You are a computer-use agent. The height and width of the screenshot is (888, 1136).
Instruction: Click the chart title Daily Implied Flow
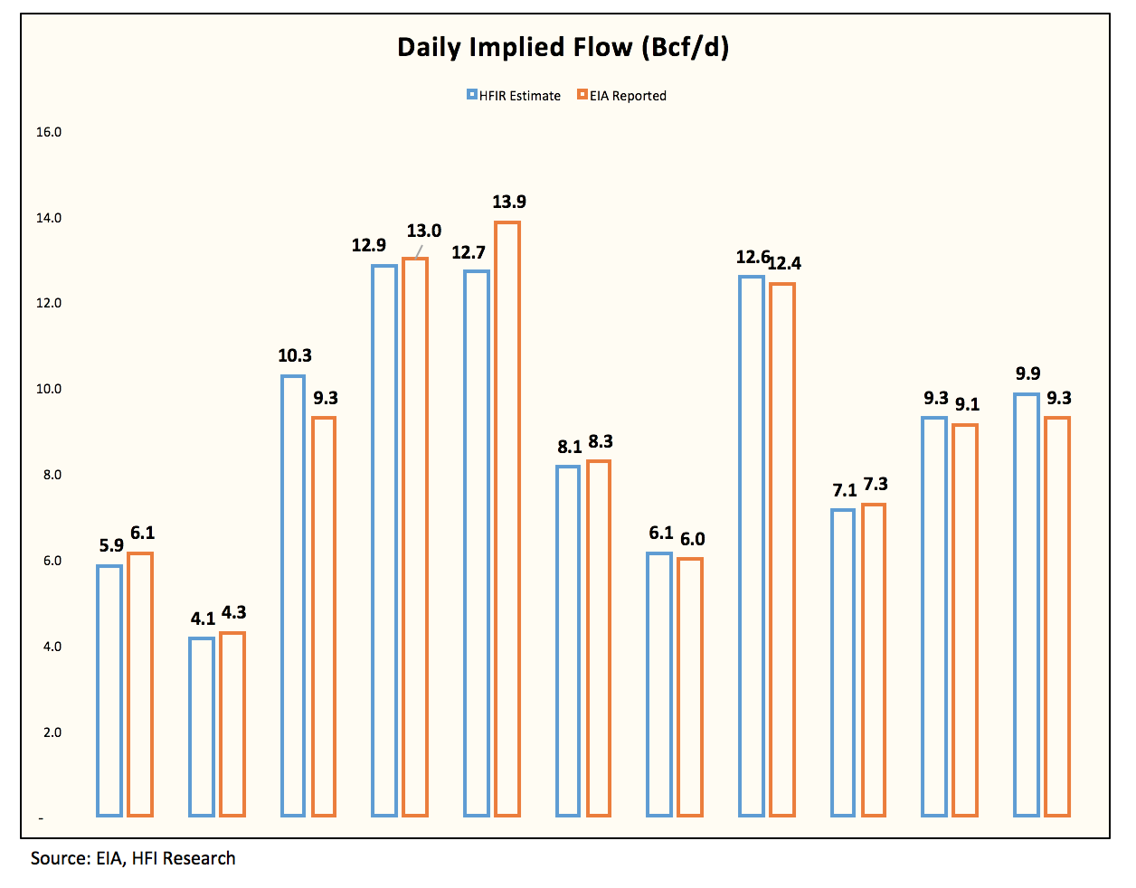click(x=514, y=48)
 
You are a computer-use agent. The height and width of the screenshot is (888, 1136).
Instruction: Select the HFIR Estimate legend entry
click(x=514, y=96)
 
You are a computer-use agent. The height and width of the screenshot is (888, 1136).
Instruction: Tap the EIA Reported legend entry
click(x=621, y=96)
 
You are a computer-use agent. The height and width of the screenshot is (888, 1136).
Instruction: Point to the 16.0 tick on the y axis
click(x=49, y=132)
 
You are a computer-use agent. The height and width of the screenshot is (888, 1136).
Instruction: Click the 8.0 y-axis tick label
click(x=52, y=475)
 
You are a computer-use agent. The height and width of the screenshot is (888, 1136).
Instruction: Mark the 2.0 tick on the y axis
click(x=52, y=732)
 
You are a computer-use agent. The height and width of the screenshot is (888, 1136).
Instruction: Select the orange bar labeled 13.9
click(x=507, y=519)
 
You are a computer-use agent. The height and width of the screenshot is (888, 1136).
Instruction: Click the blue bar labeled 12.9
click(x=384, y=541)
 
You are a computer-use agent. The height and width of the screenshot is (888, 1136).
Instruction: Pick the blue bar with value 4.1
click(x=202, y=726)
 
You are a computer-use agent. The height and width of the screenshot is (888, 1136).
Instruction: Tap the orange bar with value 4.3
click(x=232, y=724)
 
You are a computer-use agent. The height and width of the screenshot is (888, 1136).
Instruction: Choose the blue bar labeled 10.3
click(x=293, y=596)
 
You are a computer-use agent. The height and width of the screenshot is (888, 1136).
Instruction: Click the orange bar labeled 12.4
click(x=782, y=550)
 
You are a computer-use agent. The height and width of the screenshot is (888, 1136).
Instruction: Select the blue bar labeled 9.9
click(x=1027, y=605)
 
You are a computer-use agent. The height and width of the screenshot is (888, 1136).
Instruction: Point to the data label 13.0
click(x=424, y=231)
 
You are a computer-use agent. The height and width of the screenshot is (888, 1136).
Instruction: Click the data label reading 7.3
click(x=876, y=484)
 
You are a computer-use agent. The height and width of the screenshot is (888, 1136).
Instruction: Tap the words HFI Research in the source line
click(x=184, y=858)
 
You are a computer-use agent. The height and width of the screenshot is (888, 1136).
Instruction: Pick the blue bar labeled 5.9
click(x=109, y=691)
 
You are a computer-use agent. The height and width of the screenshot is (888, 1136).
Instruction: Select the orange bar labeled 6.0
click(x=690, y=686)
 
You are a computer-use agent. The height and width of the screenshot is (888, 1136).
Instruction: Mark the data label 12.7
click(x=469, y=252)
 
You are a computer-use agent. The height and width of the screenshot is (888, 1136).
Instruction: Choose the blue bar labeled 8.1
click(x=568, y=641)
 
